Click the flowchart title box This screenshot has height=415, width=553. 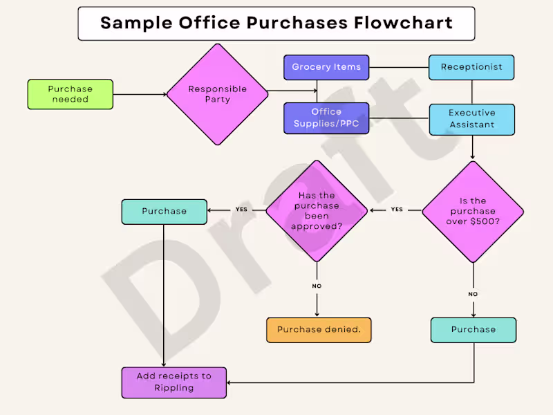click(276, 24)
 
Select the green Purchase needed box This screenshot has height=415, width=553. click(71, 94)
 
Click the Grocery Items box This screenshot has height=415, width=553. click(326, 67)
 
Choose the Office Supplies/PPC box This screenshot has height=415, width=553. click(326, 118)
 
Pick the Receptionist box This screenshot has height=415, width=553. click(472, 67)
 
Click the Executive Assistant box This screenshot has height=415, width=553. click(472, 119)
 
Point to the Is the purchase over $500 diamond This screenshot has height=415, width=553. click(473, 211)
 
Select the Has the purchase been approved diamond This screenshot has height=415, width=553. click(317, 211)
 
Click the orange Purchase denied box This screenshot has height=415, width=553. click(319, 330)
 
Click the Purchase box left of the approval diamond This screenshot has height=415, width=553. click(164, 212)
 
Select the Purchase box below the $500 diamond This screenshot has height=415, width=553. click(474, 330)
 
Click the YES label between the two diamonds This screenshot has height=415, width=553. click(397, 210)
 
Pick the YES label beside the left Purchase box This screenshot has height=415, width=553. click(242, 210)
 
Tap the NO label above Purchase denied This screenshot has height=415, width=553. click(317, 286)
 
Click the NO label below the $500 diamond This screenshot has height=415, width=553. click(474, 294)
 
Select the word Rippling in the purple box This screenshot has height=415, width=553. click(174, 388)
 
